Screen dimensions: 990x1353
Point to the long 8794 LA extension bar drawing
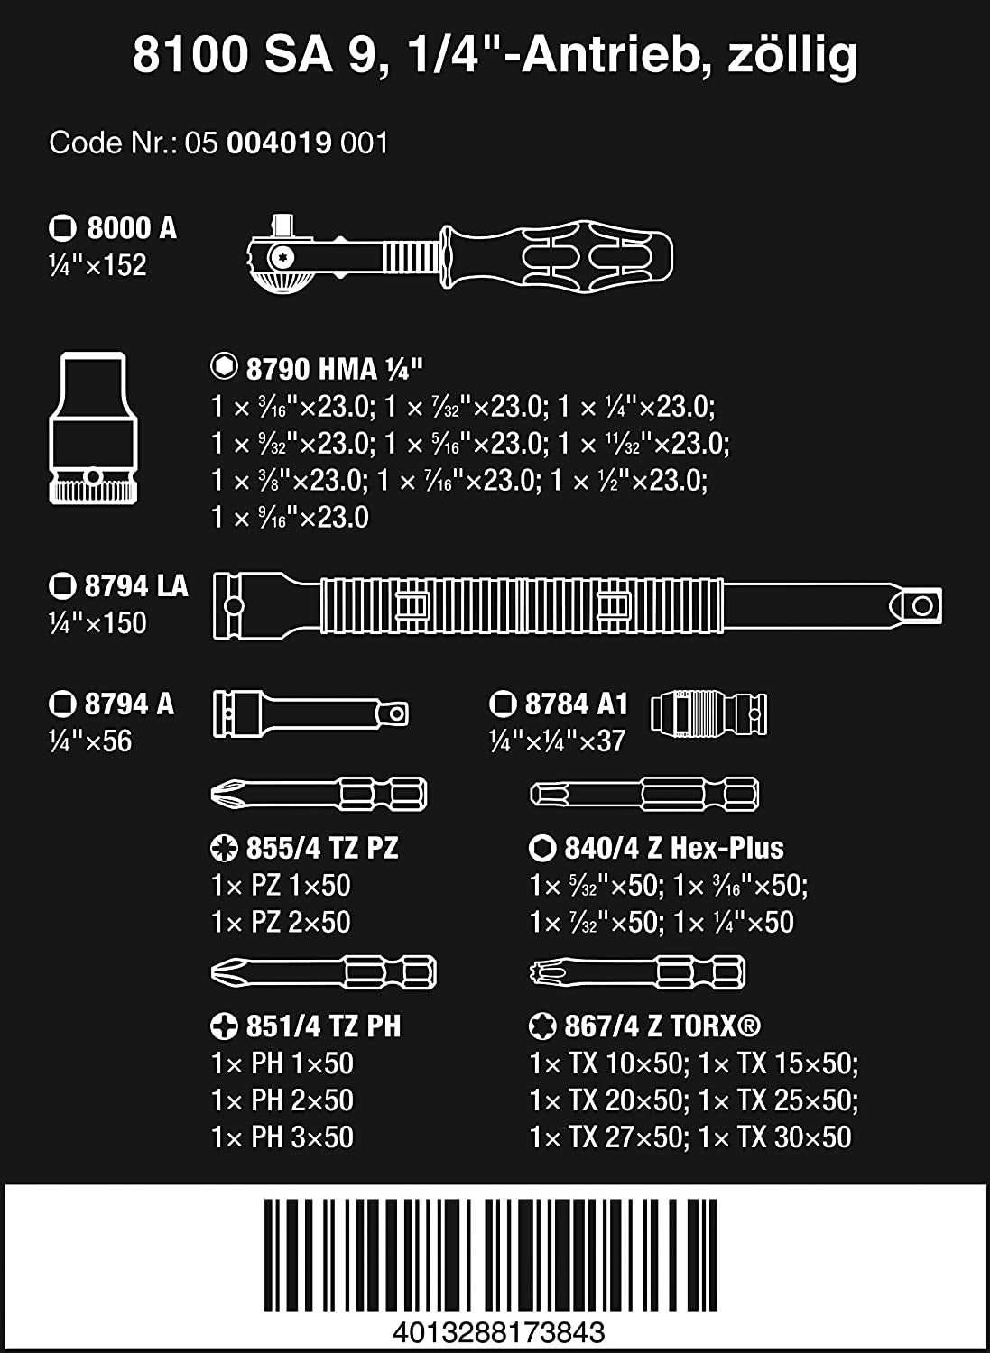pyautogui.click(x=578, y=606)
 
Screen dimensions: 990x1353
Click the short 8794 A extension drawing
pyautogui.click(x=310, y=714)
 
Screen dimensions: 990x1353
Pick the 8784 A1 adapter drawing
pyautogui.click(x=709, y=713)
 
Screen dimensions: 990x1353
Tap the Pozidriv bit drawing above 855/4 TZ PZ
pyautogui.click(x=319, y=794)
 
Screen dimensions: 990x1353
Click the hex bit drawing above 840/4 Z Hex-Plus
pyautogui.click(x=644, y=794)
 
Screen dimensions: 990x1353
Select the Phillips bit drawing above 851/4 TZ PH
pyautogui.click(x=323, y=971)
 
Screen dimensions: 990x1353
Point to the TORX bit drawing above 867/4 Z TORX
pyautogui.click(x=638, y=971)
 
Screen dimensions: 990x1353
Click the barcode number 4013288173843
pyautogui.click(x=499, y=1331)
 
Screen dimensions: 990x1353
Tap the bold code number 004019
pyautogui.click(x=279, y=143)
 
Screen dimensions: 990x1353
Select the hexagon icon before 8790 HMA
pyautogui.click(x=224, y=366)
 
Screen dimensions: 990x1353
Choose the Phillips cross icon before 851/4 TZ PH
pyautogui.click(x=224, y=1026)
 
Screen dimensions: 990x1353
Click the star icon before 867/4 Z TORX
pyautogui.click(x=542, y=1026)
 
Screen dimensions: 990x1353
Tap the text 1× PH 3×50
pyautogui.click(x=282, y=1137)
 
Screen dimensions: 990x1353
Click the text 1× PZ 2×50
pyautogui.click(x=281, y=922)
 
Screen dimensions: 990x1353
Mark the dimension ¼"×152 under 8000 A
pyautogui.click(x=97, y=265)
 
